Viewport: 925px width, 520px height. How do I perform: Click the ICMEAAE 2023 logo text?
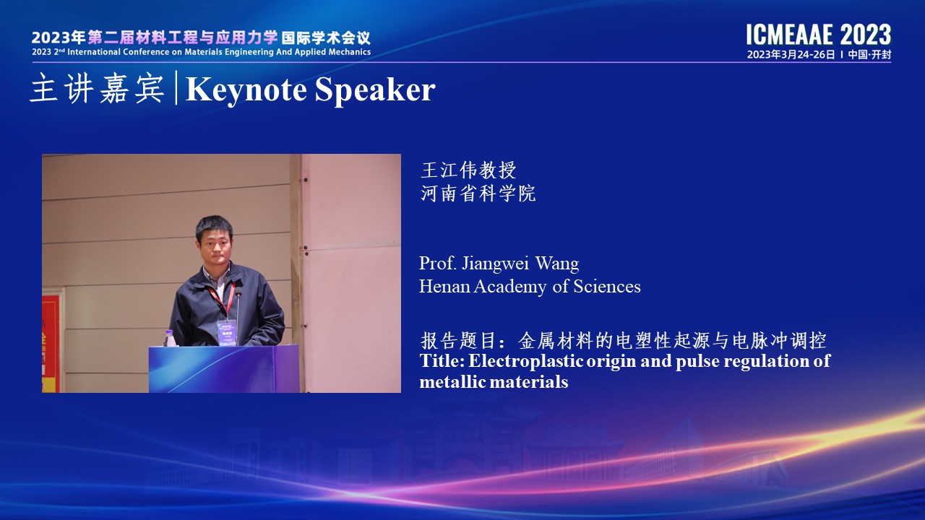point(819,35)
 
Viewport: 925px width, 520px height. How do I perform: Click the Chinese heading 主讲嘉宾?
point(98,88)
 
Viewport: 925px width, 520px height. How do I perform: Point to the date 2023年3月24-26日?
point(791,54)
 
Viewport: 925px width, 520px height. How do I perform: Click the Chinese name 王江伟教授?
point(468,170)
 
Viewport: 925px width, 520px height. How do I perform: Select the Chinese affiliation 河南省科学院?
point(478,193)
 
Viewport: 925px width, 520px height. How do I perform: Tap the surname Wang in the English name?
point(557,264)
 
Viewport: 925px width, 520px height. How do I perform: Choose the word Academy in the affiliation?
point(510,287)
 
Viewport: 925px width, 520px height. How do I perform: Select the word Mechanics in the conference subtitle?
point(349,52)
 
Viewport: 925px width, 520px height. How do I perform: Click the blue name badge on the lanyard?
point(227,333)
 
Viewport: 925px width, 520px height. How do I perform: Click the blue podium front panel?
point(224,369)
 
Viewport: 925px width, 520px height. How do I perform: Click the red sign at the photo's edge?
point(51,340)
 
